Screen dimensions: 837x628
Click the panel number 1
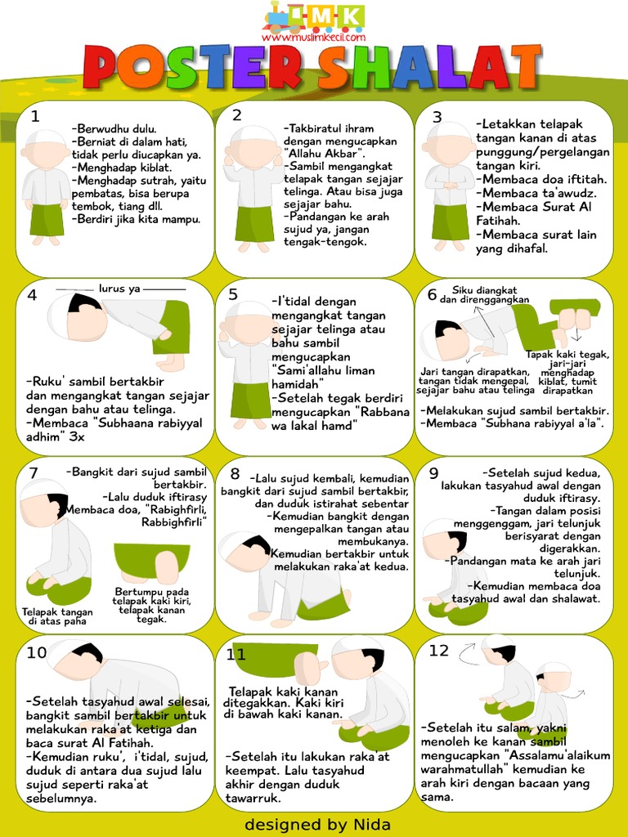[x=34, y=117]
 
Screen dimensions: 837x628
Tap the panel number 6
[x=432, y=295]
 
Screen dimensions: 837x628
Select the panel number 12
[x=439, y=651]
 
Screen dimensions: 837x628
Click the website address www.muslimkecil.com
[x=313, y=37]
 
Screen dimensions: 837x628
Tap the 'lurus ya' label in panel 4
[x=120, y=289]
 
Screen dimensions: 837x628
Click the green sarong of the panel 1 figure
[x=47, y=219]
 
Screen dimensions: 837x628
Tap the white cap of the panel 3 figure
[x=449, y=131]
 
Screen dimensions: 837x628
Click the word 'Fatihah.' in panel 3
[x=499, y=221]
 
